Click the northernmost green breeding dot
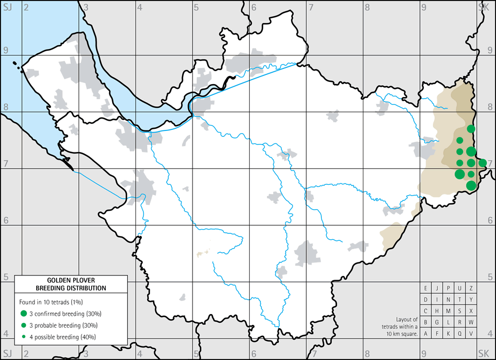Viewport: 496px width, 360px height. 471,129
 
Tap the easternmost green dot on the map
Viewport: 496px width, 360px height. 483,163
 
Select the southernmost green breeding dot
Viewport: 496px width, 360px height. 471,185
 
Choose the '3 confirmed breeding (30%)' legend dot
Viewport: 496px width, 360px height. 24,313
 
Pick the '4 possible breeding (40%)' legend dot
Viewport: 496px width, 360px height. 24,337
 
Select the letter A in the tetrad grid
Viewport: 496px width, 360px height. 426,334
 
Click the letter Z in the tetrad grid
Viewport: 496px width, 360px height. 471,288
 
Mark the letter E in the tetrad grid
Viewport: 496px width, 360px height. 426,288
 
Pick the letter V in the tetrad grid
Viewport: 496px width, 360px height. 471,334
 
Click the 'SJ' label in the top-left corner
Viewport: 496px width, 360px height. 8,6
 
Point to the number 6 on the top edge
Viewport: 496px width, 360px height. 253,6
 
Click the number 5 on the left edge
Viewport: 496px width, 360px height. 6,277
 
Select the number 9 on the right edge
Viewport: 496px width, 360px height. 490,51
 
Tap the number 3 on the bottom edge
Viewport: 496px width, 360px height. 86,355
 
